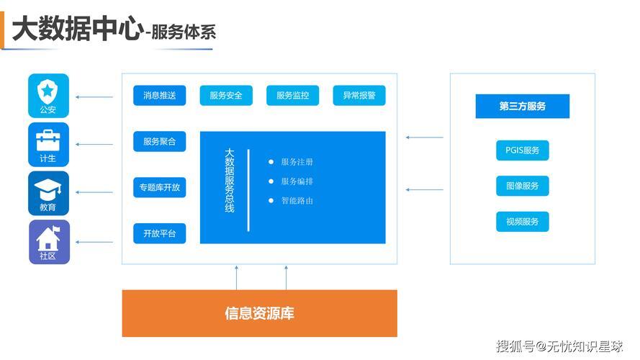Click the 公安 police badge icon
pyautogui.click(x=48, y=96)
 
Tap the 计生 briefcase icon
pyautogui.click(x=48, y=145)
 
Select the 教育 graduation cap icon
pyautogui.click(x=48, y=194)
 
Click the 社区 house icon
pyautogui.click(x=49, y=242)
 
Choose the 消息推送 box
pyautogui.click(x=160, y=96)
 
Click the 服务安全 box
pyautogui.click(x=226, y=96)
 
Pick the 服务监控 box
pyautogui.click(x=293, y=96)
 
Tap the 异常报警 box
pyautogui.click(x=359, y=96)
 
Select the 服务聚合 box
pyautogui.click(x=160, y=142)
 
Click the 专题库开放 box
pyautogui.click(x=160, y=187)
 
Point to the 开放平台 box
pyautogui.click(x=160, y=233)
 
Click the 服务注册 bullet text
pyautogui.click(x=297, y=162)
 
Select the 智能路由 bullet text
pyautogui.click(x=297, y=201)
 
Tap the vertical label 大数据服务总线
pyautogui.click(x=230, y=180)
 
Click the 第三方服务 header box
pyautogui.click(x=523, y=106)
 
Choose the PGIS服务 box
pyautogui.click(x=523, y=150)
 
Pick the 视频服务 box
pyautogui.click(x=523, y=222)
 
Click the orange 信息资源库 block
pyautogui.click(x=260, y=313)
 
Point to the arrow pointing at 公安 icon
pyautogui.click(x=94, y=97)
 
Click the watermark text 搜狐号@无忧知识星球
pyautogui.click(x=559, y=346)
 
